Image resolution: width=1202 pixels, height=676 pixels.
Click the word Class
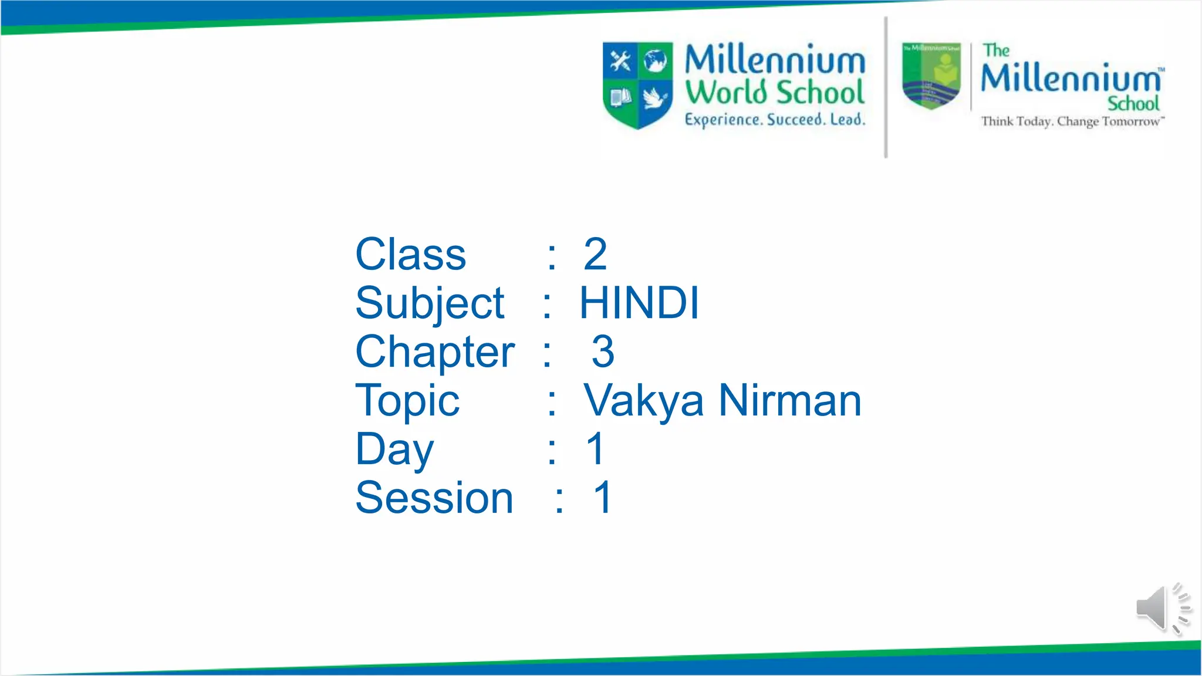410,255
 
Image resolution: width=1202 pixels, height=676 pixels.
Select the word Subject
430,304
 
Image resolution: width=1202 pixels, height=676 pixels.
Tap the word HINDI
639,303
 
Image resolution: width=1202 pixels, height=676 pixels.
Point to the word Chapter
435,353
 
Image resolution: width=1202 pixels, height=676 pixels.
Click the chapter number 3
603,352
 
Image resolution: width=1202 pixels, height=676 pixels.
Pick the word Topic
407,401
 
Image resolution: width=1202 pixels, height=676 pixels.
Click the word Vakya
643,401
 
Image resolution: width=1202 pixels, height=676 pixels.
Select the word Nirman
790,401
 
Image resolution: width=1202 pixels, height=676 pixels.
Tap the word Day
394,450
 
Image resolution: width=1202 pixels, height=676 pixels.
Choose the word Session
434,498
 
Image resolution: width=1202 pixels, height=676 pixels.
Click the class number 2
595,255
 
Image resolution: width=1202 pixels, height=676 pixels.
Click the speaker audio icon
1162,609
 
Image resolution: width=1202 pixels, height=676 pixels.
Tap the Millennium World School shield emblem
637,84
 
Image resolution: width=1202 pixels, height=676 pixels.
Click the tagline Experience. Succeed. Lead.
775,120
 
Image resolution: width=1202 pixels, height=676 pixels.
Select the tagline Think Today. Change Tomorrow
1072,121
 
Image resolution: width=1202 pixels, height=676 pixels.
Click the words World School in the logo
775,93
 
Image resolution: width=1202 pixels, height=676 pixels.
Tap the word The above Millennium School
996,50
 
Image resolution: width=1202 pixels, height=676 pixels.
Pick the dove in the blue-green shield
655,97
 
